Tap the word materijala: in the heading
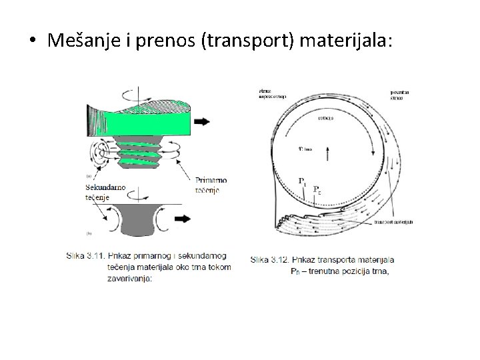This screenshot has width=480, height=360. tap(347, 41)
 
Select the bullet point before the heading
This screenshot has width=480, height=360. tap(31, 41)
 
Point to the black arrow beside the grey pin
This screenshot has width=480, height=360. tap(199, 219)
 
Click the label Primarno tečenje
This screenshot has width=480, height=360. tap(213, 183)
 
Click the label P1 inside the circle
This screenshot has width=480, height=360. tap(301, 180)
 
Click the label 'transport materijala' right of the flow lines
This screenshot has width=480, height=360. tap(394, 222)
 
